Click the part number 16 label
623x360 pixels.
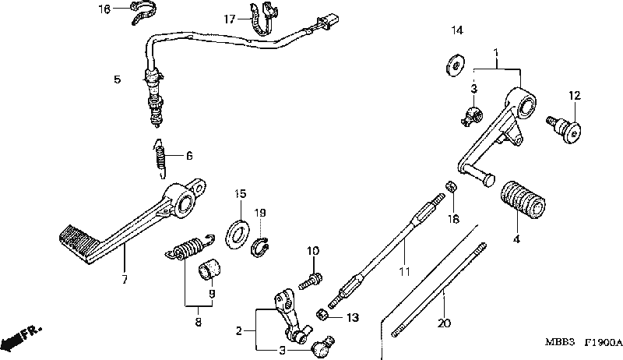click(x=104, y=9)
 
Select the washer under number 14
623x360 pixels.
click(x=456, y=65)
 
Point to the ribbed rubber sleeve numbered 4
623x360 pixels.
click(x=522, y=198)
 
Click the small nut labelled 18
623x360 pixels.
click(x=451, y=186)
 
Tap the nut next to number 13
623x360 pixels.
click(x=322, y=316)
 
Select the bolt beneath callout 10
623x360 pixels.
click(x=310, y=281)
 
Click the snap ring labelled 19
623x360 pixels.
click(x=260, y=247)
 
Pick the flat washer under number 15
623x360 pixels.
click(x=237, y=234)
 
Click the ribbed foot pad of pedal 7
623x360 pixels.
click(x=79, y=243)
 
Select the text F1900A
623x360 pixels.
click(x=603, y=342)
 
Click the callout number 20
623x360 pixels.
click(x=444, y=323)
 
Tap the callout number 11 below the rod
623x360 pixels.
click(x=404, y=272)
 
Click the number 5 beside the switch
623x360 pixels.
click(x=118, y=79)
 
